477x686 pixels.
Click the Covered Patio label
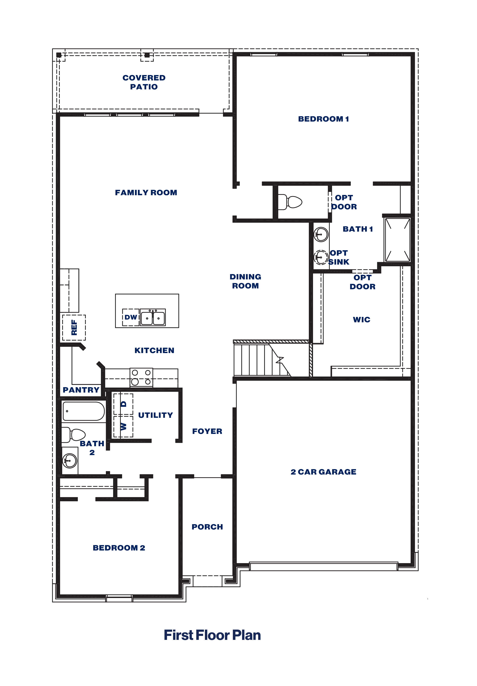(x=144, y=82)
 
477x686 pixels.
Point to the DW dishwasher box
(x=131, y=317)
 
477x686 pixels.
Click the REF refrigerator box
(x=74, y=327)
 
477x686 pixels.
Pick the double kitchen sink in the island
(x=153, y=317)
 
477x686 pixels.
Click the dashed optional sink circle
(x=321, y=257)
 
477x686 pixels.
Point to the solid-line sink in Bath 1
(x=321, y=234)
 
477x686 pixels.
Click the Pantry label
(x=81, y=390)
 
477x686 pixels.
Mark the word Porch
(x=207, y=527)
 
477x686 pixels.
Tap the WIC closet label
(x=361, y=320)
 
